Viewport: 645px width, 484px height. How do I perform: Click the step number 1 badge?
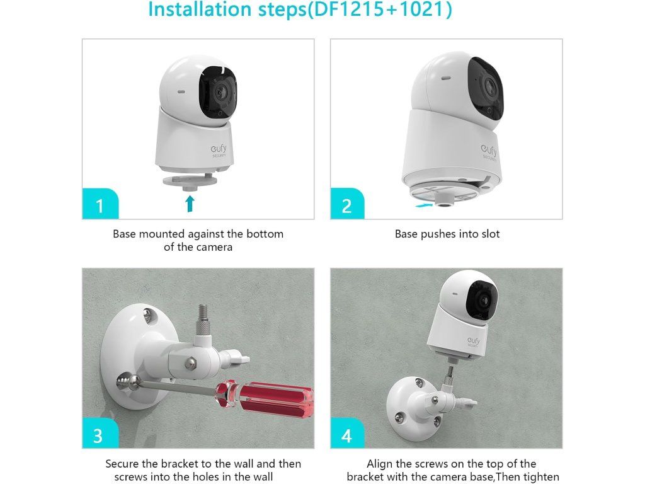click(100, 204)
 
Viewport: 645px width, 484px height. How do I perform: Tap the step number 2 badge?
click(347, 204)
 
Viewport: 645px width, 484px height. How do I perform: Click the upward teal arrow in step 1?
click(190, 204)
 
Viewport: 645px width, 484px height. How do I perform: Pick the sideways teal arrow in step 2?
click(424, 204)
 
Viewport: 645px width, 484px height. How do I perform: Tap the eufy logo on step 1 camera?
click(219, 151)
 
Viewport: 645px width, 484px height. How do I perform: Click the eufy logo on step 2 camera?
click(489, 152)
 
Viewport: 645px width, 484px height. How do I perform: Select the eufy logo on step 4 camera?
click(474, 342)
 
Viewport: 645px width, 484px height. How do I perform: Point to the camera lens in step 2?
click(489, 86)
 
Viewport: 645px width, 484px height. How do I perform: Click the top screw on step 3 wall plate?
click(148, 315)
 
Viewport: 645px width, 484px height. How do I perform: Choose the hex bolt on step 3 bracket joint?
click(190, 363)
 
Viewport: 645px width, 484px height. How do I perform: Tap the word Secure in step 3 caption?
click(122, 464)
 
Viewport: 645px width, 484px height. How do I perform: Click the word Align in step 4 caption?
click(380, 464)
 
